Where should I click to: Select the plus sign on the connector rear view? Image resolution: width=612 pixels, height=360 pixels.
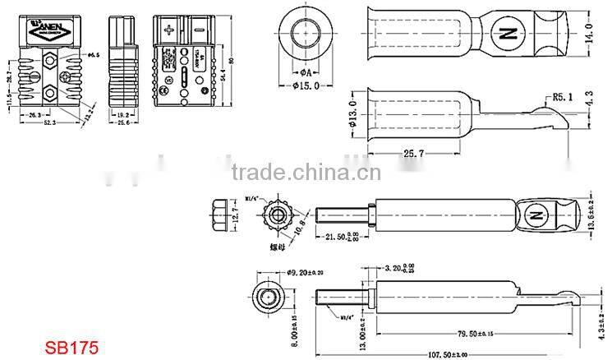click(x=170, y=32)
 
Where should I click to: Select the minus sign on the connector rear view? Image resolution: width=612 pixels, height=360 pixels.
click(x=200, y=32)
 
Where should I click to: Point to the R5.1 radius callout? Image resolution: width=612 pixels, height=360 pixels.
click(x=560, y=97)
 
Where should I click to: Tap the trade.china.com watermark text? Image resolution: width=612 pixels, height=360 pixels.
click(x=304, y=173)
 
